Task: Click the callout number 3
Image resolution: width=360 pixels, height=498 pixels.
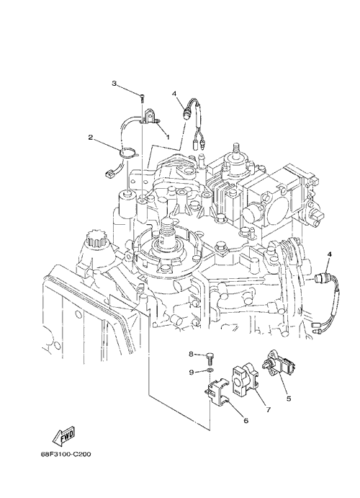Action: coord(114,83)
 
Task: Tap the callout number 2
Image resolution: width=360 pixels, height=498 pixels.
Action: coord(91,138)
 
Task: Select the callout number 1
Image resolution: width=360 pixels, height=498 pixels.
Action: coord(168,137)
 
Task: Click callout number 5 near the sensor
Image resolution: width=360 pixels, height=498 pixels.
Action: coord(288,399)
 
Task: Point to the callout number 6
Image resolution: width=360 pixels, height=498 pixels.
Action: coord(246,420)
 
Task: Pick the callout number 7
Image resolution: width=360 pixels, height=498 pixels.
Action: coord(269,409)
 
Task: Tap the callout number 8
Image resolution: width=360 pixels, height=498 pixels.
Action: coord(192,354)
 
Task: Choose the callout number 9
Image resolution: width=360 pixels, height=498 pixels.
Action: coord(192,373)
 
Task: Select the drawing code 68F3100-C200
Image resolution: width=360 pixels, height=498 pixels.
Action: coord(66,455)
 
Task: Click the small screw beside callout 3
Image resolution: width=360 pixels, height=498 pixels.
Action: coord(142,97)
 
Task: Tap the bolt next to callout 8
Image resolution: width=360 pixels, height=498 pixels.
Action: coord(210,357)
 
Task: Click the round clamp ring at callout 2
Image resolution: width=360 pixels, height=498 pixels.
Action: coord(128,154)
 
